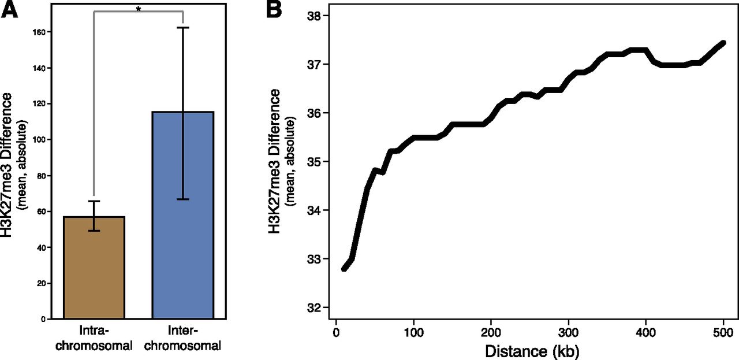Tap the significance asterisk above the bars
coord(139,9)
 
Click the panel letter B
coord(274,10)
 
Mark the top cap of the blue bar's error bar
coord(182,28)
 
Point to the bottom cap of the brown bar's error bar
coord(94,231)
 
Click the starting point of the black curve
coord(344,269)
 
